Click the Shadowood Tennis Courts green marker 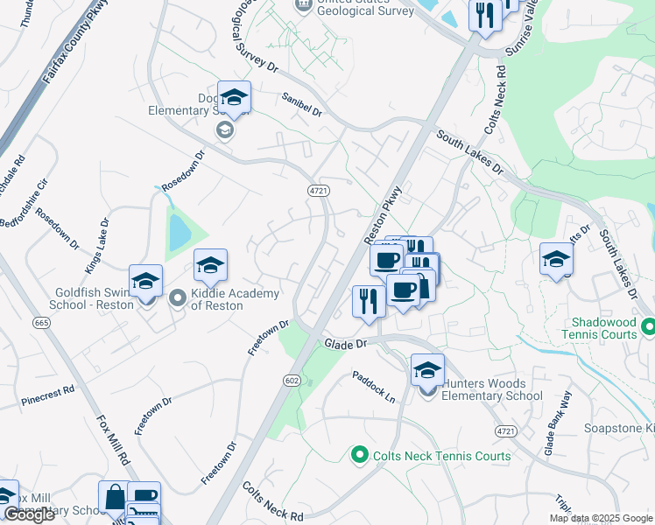(x=647, y=328)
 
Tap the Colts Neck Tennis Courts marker (x=358, y=455)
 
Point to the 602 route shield (x=292, y=380)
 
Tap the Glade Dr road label (x=344, y=345)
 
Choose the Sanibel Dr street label (x=301, y=106)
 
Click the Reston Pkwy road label (x=382, y=215)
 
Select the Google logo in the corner (x=29, y=514)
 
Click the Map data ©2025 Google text (x=601, y=518)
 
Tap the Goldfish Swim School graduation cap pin (x=145, y=282)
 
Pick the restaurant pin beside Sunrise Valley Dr (x=484, y=15)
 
